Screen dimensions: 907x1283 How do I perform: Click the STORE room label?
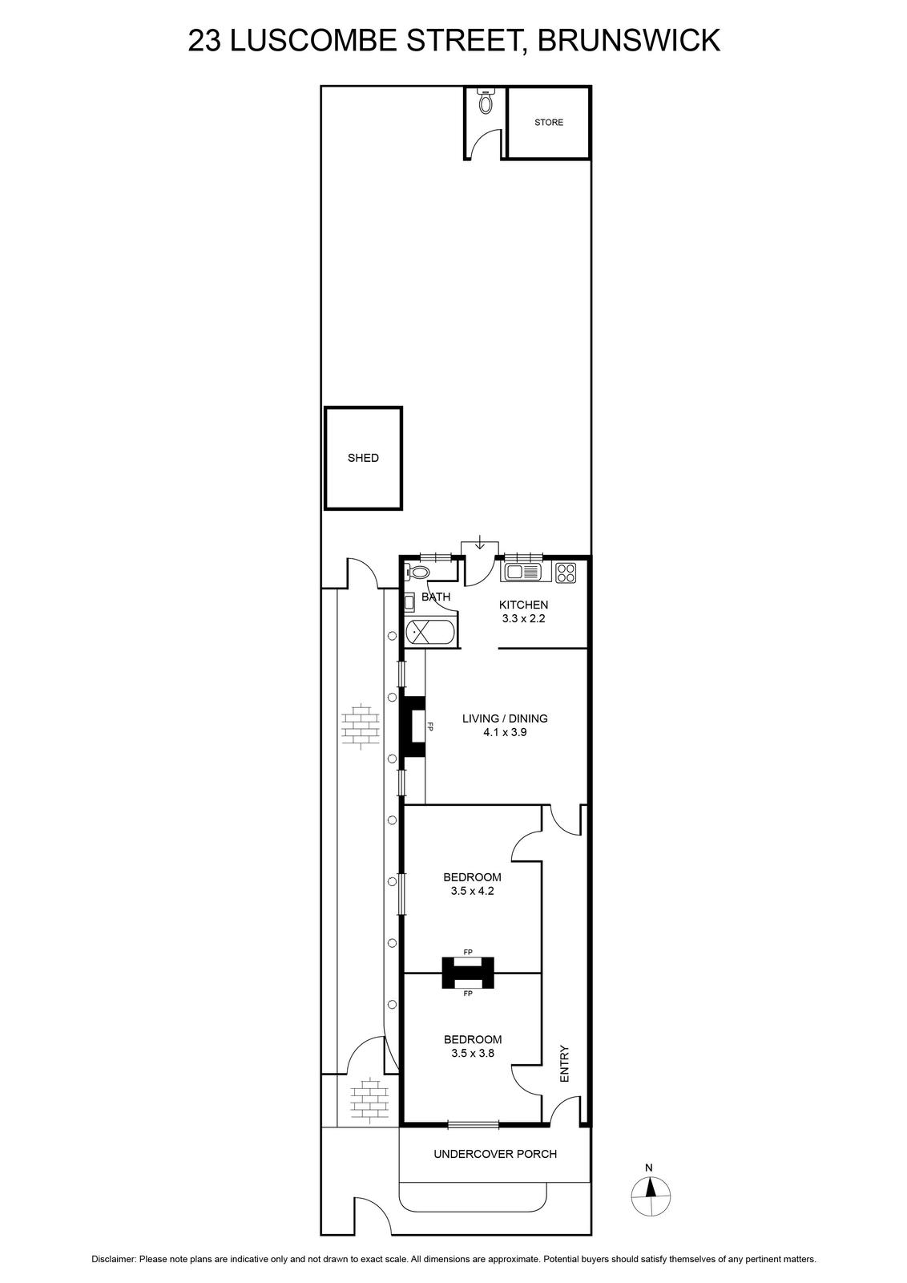(x=548, y=122)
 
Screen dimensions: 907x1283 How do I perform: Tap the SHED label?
(x=364, y=458)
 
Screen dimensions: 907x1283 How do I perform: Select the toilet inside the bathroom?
(x=417, y=571)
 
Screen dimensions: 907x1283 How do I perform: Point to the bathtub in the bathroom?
(x=430, y=633)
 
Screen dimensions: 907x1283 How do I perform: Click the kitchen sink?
(x=522, y=572)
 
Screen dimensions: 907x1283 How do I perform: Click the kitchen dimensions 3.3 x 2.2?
(x=523, y=618)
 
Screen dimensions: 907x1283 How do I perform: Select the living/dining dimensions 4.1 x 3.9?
(x=505, y=732)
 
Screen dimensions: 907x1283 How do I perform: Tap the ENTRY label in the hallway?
(x=565, y=1063)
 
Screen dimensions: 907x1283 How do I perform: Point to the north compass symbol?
(x=651, y=1196)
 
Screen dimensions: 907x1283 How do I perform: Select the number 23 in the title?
(x=205, y=40)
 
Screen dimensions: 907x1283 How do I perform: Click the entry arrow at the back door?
(x=480, y=541)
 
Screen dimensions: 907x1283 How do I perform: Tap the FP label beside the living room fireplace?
(x=431, y=726)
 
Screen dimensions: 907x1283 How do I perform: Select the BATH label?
(x=436, y=597)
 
